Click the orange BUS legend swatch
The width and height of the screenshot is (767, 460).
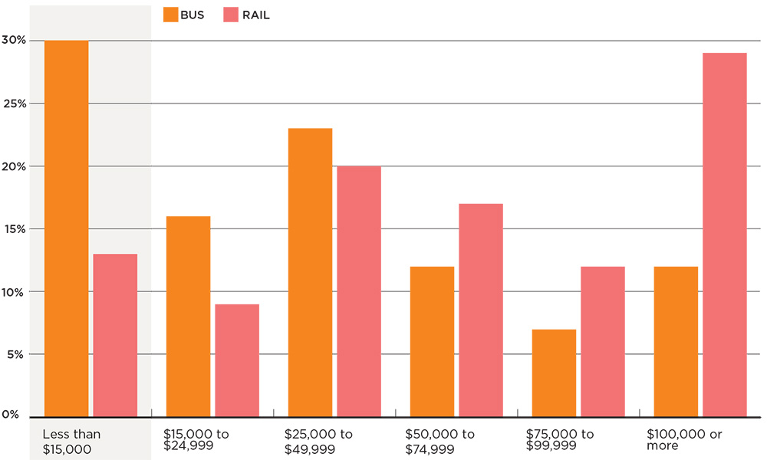(170, 15)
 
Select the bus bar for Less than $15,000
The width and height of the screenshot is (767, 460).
(66, 228)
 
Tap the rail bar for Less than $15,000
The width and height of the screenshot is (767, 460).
(115, 335)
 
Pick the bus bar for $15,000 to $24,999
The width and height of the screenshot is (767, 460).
(188, 316)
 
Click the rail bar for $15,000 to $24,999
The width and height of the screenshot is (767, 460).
(237, 360)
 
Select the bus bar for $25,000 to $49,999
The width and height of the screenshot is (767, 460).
(310, 272)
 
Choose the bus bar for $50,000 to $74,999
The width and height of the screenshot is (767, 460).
(432, 341)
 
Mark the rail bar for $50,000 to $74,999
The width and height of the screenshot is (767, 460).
(481, 310)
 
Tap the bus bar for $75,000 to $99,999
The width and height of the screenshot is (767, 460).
(554, 373)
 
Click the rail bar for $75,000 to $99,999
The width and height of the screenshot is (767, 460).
(603, 341)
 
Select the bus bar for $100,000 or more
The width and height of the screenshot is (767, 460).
(676, 341)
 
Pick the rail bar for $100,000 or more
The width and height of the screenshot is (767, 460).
(725, 235)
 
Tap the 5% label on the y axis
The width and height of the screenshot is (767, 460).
(17, 354)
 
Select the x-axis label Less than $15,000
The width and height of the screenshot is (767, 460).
(71, 441)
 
